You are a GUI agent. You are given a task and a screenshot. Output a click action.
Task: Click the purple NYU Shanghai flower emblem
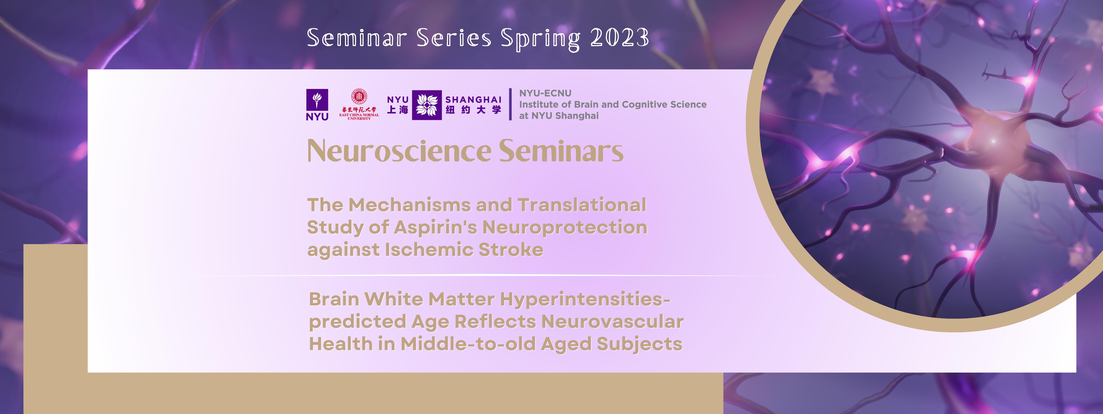(427, 105)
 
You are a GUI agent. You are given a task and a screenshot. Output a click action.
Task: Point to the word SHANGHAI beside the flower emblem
(473, 99)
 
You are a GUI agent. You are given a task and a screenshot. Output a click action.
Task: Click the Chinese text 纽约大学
(473, 111)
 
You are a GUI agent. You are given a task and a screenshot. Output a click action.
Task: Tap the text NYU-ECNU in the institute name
(545, 93)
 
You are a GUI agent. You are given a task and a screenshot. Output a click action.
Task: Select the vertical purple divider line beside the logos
(510, 105)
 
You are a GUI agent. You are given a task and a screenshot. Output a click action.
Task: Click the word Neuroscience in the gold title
(399, 151)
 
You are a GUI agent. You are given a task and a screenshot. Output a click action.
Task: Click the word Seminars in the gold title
(561, 151)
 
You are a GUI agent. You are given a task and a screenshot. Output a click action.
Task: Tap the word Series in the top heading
(454, 38)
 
